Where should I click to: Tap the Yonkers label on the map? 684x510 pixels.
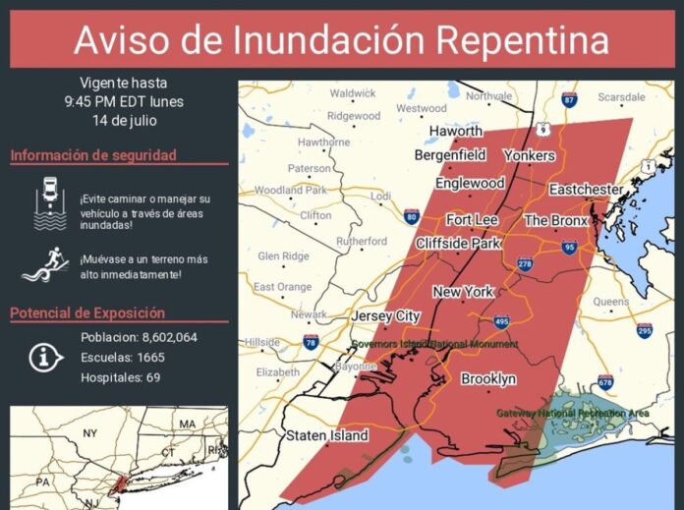tap(529, 155)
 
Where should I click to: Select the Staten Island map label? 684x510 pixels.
tap(327, 435)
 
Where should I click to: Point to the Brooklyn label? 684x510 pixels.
tap(487, 378)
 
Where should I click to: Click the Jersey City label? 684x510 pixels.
tap(385, 315)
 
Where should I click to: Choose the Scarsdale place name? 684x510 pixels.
tap(621, 97)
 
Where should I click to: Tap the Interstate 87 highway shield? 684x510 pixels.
tap(569, 100)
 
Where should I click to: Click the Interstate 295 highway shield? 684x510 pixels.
tap(645, 330)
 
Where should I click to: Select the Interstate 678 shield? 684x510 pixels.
tap(604, 381)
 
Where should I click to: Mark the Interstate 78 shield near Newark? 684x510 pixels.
tap(312, 342)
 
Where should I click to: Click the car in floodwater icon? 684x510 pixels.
tap(50, 203)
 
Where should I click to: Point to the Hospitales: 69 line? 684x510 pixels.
tap(121, 376)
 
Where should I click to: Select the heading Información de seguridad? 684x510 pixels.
tap(93, 155)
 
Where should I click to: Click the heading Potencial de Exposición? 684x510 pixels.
tap(87, 313)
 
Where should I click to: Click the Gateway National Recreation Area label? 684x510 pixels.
tap(572, 414)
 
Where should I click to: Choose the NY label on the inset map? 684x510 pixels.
tap(89, 432)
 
